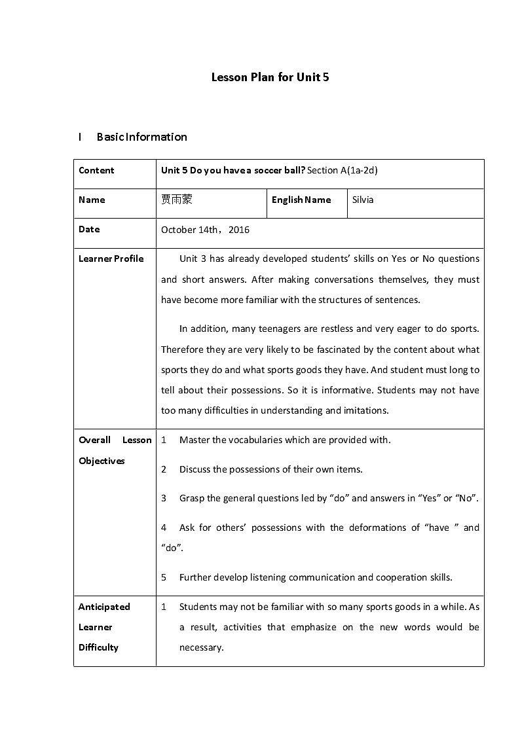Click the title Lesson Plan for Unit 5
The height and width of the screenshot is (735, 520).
pyautogui.click(x=270, y=77)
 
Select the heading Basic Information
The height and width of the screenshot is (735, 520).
pyautogui.click(x=141, y=137)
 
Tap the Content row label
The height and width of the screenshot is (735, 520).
pyautogui.click(x=96, y=170)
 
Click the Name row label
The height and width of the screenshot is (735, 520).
pyautogui.click(x=92, y=200)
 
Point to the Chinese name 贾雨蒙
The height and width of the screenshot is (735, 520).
pyautogui.click(x=177, y=200)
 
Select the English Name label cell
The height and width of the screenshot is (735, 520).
pyautogui.click(x=301, y=200)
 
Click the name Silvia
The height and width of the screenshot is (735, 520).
pyautogui.click(x=363, y=200)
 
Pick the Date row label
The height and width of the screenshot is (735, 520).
pyautogui.click(x=89, y=229)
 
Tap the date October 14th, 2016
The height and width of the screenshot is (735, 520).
pyautogui.click(x=205, y=230)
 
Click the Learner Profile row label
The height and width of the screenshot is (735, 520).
pyautogui.click(x=111, y=259)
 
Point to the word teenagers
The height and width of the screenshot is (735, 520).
pyautogui.click(x=267, y=329)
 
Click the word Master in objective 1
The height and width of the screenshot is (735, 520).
pyautogui.click(x=194, y=440)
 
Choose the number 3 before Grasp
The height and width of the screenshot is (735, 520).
pyautogui.click(x=164, y=498)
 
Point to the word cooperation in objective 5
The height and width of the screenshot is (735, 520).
pyautogui.click(x=398, y=577)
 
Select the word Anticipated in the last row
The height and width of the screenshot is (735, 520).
pyautogui.click(x=104, y=607)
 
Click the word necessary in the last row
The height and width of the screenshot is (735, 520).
pyautogui.click(x=202, y=647)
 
